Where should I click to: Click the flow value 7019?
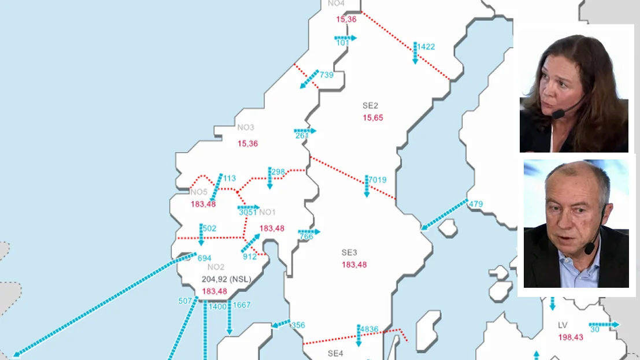[378, 180]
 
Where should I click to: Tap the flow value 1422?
[426, 47]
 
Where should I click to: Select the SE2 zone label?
[370, 106]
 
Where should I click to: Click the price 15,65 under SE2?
[373, 118]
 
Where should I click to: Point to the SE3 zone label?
[349, 253]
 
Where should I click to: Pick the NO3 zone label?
[246, 128]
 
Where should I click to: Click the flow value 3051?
[247, 212]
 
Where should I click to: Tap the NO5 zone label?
[198, 192]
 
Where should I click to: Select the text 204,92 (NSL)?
[227, 279]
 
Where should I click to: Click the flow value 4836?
[369, 329]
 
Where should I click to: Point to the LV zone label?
[563, 325]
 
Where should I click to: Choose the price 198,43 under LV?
[571, 337]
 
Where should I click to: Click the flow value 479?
[476, 204]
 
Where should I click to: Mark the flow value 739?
[327, 75]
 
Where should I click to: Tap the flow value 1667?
[242, 305]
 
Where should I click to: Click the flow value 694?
[204, 258]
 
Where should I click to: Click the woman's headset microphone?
[558, 114]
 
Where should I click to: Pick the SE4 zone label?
[335, 352]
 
